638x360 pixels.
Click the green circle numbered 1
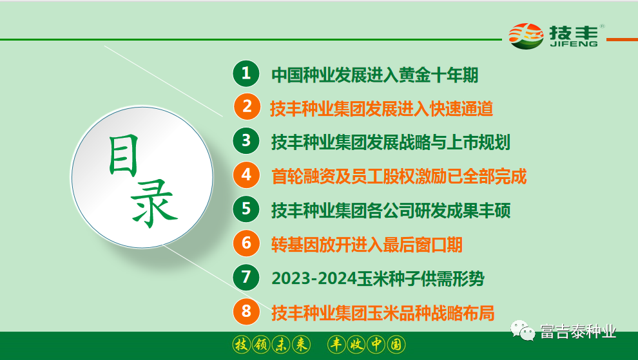246,73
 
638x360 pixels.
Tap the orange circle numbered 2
246,108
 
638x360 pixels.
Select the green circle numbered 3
246,141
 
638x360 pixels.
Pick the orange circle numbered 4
246,175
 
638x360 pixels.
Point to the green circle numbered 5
246,209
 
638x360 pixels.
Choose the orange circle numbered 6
246,243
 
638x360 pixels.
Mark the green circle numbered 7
246,278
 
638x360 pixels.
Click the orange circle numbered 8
246,312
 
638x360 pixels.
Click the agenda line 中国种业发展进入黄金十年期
375,75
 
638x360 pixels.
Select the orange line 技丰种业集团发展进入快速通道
382,108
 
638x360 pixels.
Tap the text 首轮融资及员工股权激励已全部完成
399,176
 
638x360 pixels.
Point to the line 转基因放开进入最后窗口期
367,244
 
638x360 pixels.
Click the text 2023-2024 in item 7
313,278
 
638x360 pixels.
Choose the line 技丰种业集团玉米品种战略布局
383,313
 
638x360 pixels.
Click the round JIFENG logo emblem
526,36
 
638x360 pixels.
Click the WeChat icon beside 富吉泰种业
523,331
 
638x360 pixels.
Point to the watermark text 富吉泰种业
578,332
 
